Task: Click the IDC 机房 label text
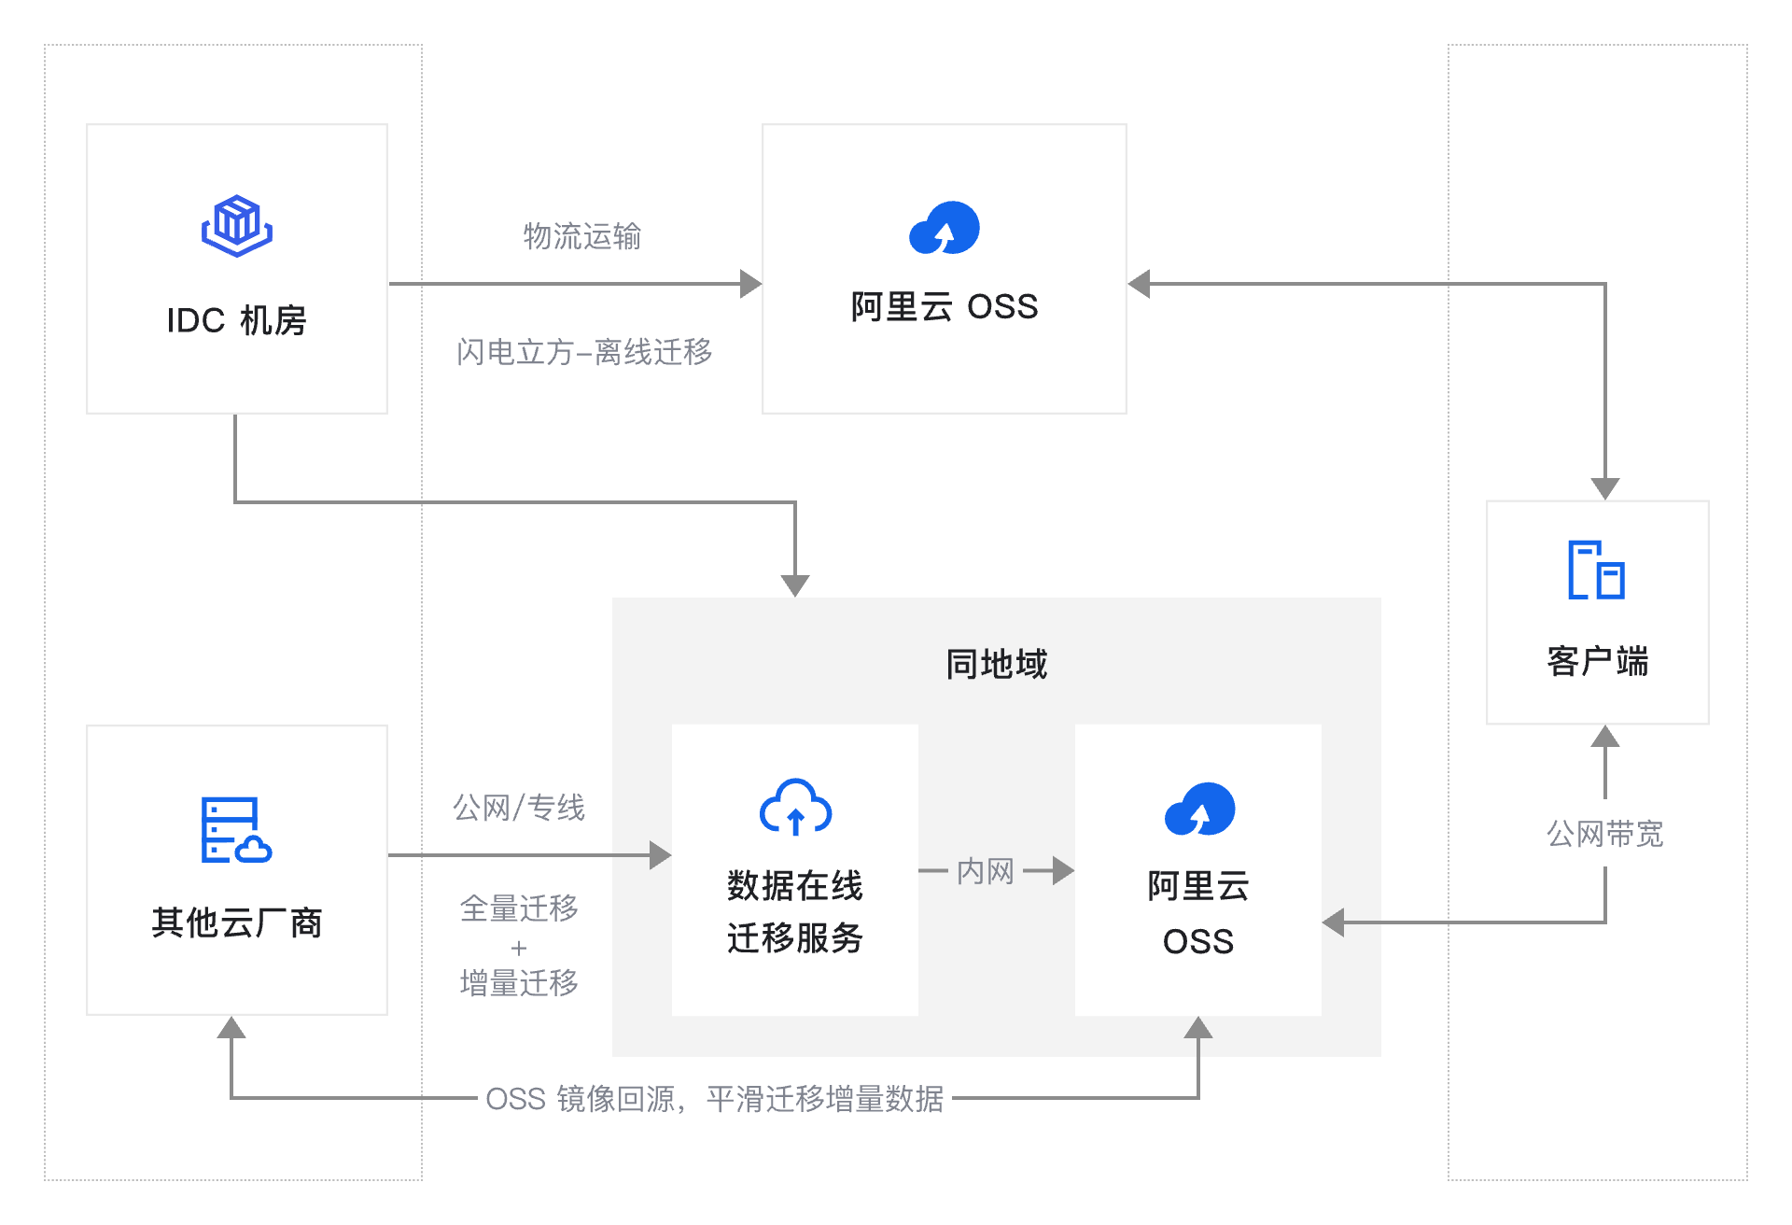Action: [x=236, y=320]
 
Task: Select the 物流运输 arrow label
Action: [x=581, y=236]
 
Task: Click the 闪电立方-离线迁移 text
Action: [x=584, y=352]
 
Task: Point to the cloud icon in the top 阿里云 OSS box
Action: [x=944, y=228]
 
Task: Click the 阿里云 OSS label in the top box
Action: [x=944, y=306]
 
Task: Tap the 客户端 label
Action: [x=1597, y=661]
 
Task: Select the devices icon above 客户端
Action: [x=1596, y=570]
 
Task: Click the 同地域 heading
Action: [x=996, y=664]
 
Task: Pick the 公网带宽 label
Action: [x=1604, y=833]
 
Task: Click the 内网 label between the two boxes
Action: [x=985, y=871]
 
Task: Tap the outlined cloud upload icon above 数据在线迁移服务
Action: [x=795, y=807]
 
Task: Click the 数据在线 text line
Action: [x=795, y=885]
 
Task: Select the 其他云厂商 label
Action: [x=236, y=922]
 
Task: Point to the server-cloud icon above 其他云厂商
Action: [x=235, y=830]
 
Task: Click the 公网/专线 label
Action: [x=519, y=807]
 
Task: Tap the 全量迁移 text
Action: [x=519, y=908]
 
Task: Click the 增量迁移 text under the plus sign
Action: [x=519, y=982]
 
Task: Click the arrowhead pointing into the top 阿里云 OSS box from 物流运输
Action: [x=750, y=284]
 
